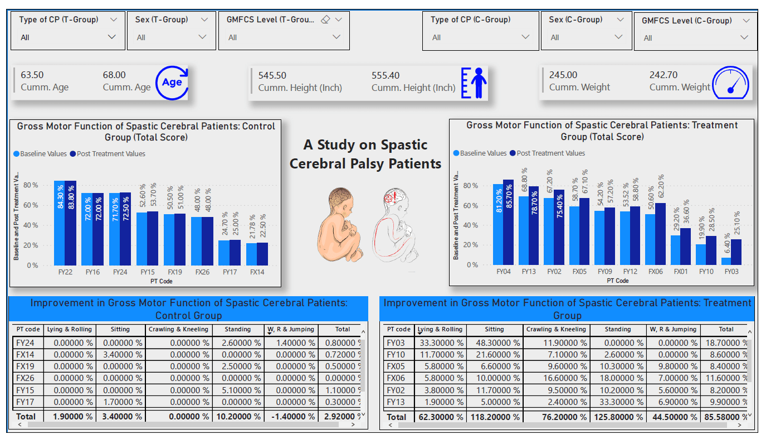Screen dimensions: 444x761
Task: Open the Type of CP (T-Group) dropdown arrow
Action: click(111, 37)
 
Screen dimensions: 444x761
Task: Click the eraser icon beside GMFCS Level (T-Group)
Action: click(326, 20)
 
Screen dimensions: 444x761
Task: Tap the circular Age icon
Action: click(172, 83)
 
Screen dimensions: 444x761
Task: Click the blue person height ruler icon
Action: click(474, 83)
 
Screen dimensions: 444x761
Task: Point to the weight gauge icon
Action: click(731, 83)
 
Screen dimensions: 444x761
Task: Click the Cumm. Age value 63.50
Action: click(32, 75)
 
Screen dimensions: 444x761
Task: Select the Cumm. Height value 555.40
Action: click(386, 75)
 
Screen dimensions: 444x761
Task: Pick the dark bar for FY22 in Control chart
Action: click(70, 223)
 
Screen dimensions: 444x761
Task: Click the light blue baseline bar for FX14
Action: click(251, 254)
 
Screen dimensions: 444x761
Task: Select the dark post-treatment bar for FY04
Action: click(508, 222)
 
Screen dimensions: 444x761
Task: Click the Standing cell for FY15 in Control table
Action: click(238, 389)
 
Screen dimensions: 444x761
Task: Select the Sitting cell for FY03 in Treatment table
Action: click(494, 343)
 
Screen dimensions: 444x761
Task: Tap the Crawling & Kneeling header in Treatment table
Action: click(554, 330)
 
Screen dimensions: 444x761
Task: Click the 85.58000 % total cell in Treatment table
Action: click(726, 417)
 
